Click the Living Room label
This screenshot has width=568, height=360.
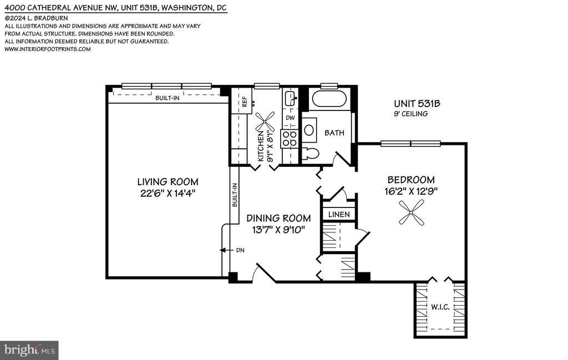point(168,181)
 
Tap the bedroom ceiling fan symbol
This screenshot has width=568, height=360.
point(411,213)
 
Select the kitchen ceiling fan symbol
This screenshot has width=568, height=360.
point(265,121)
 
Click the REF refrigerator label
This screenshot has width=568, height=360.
point(244,102)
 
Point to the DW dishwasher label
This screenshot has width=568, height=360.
point(290,118)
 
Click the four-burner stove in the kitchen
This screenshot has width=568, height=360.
point(290,138)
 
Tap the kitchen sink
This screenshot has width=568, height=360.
point(291,98)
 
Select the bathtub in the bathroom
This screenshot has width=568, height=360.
point(329,98)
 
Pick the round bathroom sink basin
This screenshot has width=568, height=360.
point(309,130)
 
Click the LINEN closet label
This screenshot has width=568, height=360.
point(339,215)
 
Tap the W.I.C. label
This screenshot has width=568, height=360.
point(440,307)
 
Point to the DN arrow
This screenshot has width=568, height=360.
point(227,250)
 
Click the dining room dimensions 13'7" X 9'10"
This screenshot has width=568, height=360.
point(278,230)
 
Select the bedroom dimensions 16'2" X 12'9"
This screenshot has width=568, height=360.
point(411,191)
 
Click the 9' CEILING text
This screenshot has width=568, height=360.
point(411,114)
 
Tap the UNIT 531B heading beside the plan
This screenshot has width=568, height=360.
point(417,104)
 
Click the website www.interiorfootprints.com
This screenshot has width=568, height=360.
point(48,49)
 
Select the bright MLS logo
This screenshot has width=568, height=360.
point(29,350)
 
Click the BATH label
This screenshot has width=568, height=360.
point(334,133)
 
